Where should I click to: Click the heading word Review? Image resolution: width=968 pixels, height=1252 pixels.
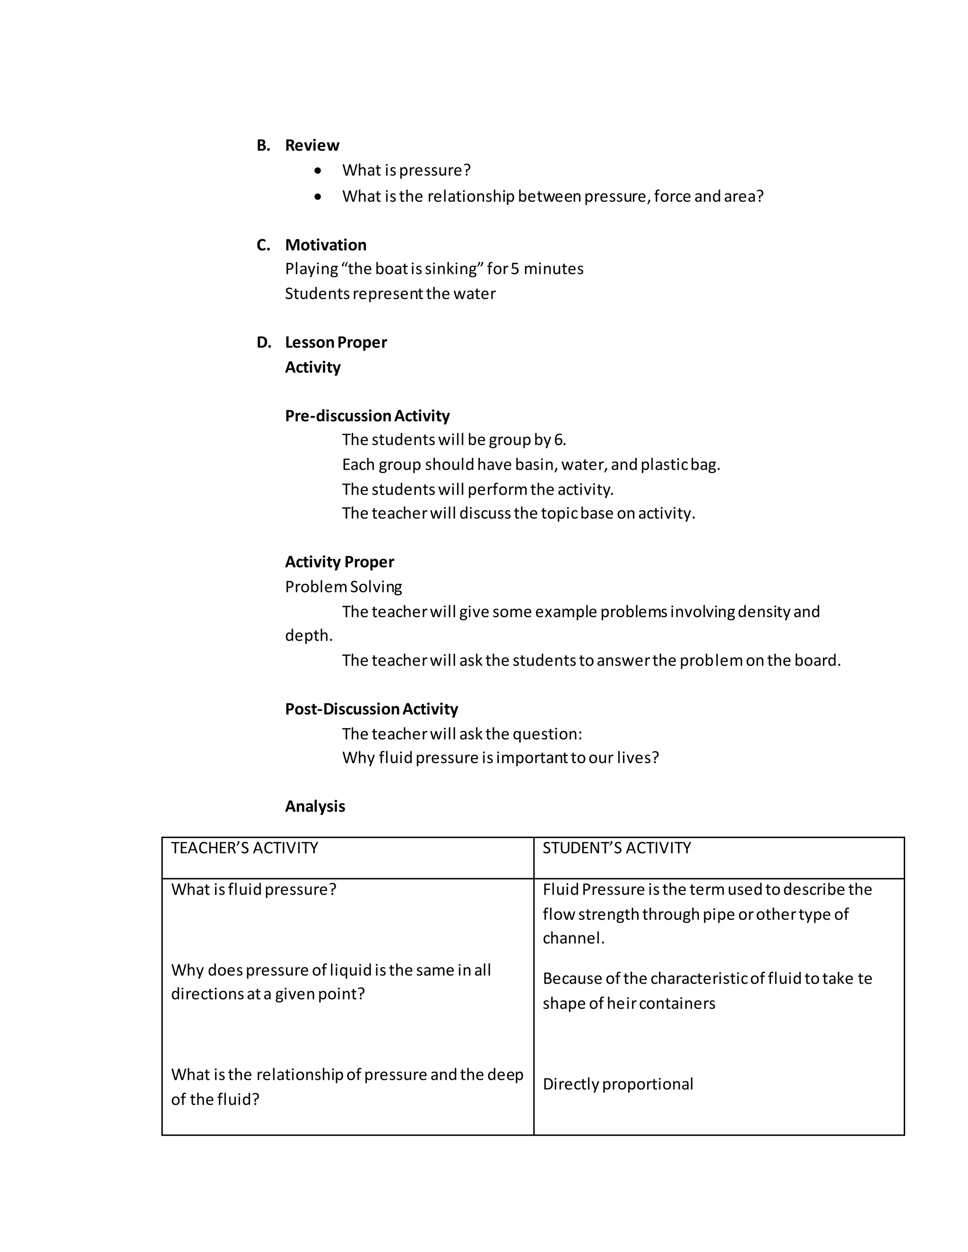tap(312, 145)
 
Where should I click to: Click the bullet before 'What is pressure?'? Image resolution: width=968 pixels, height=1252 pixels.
tap(318, 171)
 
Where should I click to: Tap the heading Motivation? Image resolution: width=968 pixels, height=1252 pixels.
tap(325, 245)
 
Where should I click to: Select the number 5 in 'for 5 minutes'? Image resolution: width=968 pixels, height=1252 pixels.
tap(515, 269)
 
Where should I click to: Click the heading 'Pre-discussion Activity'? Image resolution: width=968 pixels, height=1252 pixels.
tap(367, 416)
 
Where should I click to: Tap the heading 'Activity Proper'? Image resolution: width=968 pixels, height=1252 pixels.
tap(339, 562)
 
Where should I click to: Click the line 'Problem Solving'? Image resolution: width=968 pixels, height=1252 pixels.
tap(344, 586)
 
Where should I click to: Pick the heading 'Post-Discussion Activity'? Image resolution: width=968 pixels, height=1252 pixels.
tap(371, 709)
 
